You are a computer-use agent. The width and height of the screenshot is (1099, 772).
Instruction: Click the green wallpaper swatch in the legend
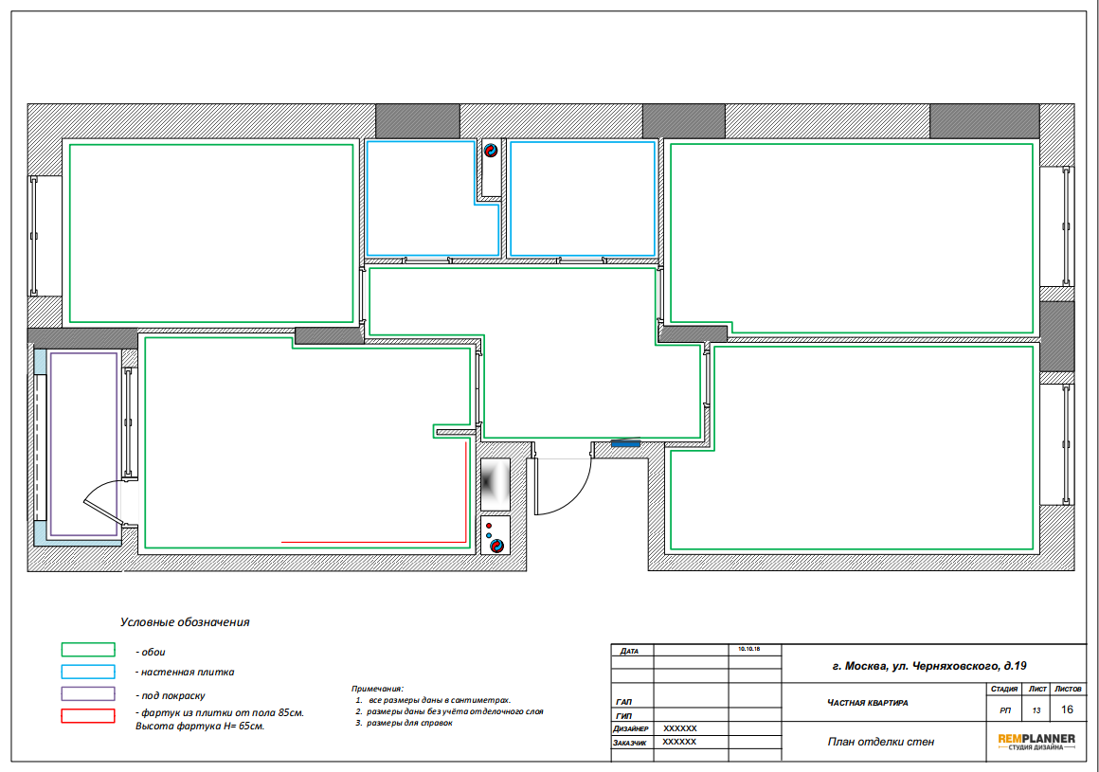click(x=88, y=650)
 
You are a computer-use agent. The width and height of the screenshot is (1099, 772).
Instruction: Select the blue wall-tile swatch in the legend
click(x=88, y=672)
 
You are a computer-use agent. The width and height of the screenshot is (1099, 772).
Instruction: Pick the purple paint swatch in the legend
click(x=88, y=693)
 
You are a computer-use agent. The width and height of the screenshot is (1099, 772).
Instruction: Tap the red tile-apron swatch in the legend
click(x=88, y=716)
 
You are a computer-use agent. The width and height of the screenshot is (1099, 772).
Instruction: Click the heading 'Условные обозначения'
click(x=185, y=622)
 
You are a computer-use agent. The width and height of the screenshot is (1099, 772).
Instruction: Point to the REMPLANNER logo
click(x=1036, y=742)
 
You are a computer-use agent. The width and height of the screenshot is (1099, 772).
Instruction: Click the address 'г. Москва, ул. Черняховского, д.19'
click(x=929, y=666)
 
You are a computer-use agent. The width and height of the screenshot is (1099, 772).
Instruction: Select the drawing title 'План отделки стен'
click(x=881, y=742)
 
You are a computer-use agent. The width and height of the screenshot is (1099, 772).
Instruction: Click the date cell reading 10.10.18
click(x=748, y=650)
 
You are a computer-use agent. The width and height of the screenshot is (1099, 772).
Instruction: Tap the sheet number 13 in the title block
click(x=1036, y=710)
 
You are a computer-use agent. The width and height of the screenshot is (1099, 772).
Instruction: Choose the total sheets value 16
click(x=1067, y=709)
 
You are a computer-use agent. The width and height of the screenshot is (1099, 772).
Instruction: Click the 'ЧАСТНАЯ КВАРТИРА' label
click(x=868, y=703)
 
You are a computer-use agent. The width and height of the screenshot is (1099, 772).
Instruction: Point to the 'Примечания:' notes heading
click(x=378, y=689)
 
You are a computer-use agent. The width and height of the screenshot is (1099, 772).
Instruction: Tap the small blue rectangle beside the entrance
click(x=626, y=443)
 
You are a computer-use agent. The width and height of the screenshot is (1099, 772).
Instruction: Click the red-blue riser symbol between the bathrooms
click(x=491, y=150)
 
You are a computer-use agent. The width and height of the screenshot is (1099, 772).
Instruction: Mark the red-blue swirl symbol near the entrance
click(x=496, y=546)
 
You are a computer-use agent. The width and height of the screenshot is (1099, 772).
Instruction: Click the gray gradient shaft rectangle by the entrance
click(x=495, y=484)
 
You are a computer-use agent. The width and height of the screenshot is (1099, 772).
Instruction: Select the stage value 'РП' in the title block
click(x=1005, y=710)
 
